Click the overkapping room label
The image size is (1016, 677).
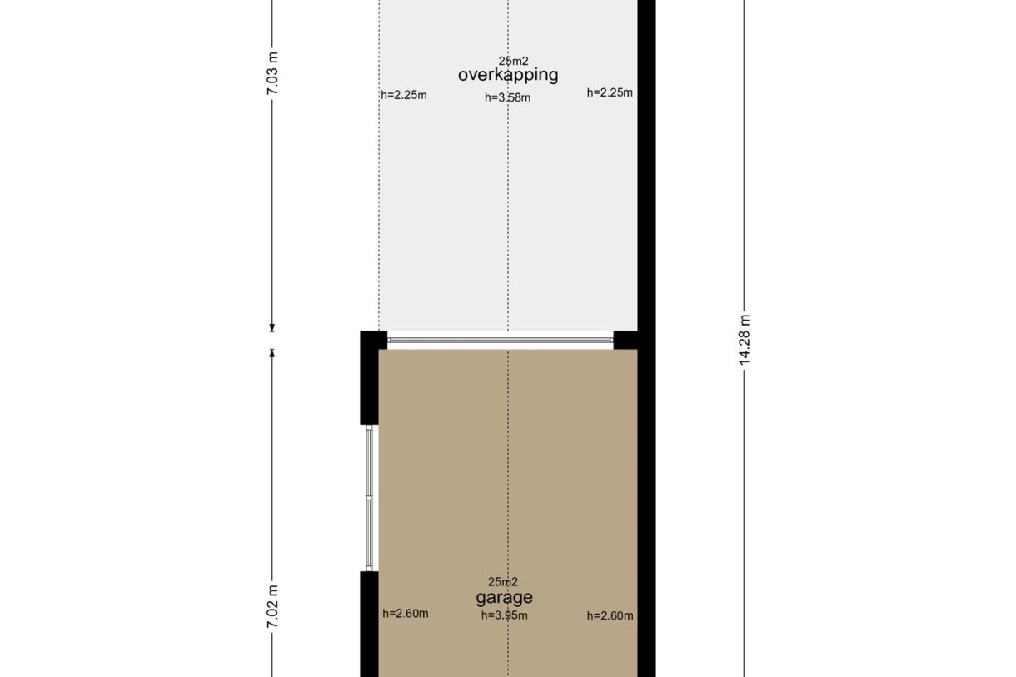pyautogui.click(x=508, y=75)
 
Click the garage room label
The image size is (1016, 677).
pyautogui.click(x=504, y=598)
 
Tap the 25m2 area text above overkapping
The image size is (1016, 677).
pyautogui.click(x=514, y=61)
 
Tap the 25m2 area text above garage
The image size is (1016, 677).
pyautogui.click(x=502, y=581)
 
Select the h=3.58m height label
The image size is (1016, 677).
pyautogui.click(x=507, y=97)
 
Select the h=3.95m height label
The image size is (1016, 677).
pyautogui.click(x=505, y=615)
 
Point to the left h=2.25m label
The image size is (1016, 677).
pyautogui.click(x=404, y=95)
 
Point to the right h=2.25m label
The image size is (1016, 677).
pyautogui.click(x=610, y=92)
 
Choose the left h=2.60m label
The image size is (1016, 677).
pyautogui.click(x=405, y=614)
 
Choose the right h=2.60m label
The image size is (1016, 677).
pyautogui.click(x=610, y=615)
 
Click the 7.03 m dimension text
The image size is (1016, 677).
pyautogui.click(x=272, y=73)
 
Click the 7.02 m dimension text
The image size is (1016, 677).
pyautogui.click(x=272, y=607)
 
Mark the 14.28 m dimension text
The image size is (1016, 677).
pyautogui.click(x=745, y=340)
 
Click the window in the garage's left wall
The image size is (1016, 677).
pyautogui.click(x=369, y=498)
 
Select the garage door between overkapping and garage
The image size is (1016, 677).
pyautogui.click(x=501, y=340)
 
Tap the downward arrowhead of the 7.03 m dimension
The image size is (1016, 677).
pyautogui.click(x=272, y=328)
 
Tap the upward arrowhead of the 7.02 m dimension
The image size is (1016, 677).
pyautogui.click(x=272, y=353)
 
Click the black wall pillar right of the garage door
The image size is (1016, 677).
pyautogui.click(x=625, y=340)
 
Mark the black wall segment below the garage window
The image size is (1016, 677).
pyautogui.click(x=369, y=624)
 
